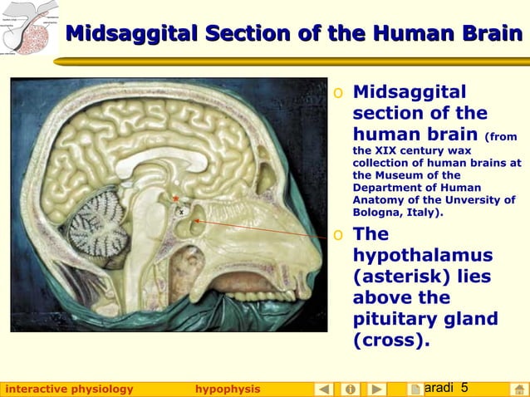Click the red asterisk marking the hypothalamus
(x=175, y=198)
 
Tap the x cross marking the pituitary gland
(x=181, y=212)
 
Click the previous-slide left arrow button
(x=324, y=389)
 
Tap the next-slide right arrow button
(x=376, y=389)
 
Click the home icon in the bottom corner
(x=518, y=389)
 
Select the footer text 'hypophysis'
(x=228, y=389)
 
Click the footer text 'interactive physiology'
(x=69, y=389)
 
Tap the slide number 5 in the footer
(x=464, y=388)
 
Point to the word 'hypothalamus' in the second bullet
(x=423, y=256)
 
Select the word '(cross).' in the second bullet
(x=391, y=341)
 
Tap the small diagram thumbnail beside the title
(x=29, y=28)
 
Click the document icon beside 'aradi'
(x=415, y=389)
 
